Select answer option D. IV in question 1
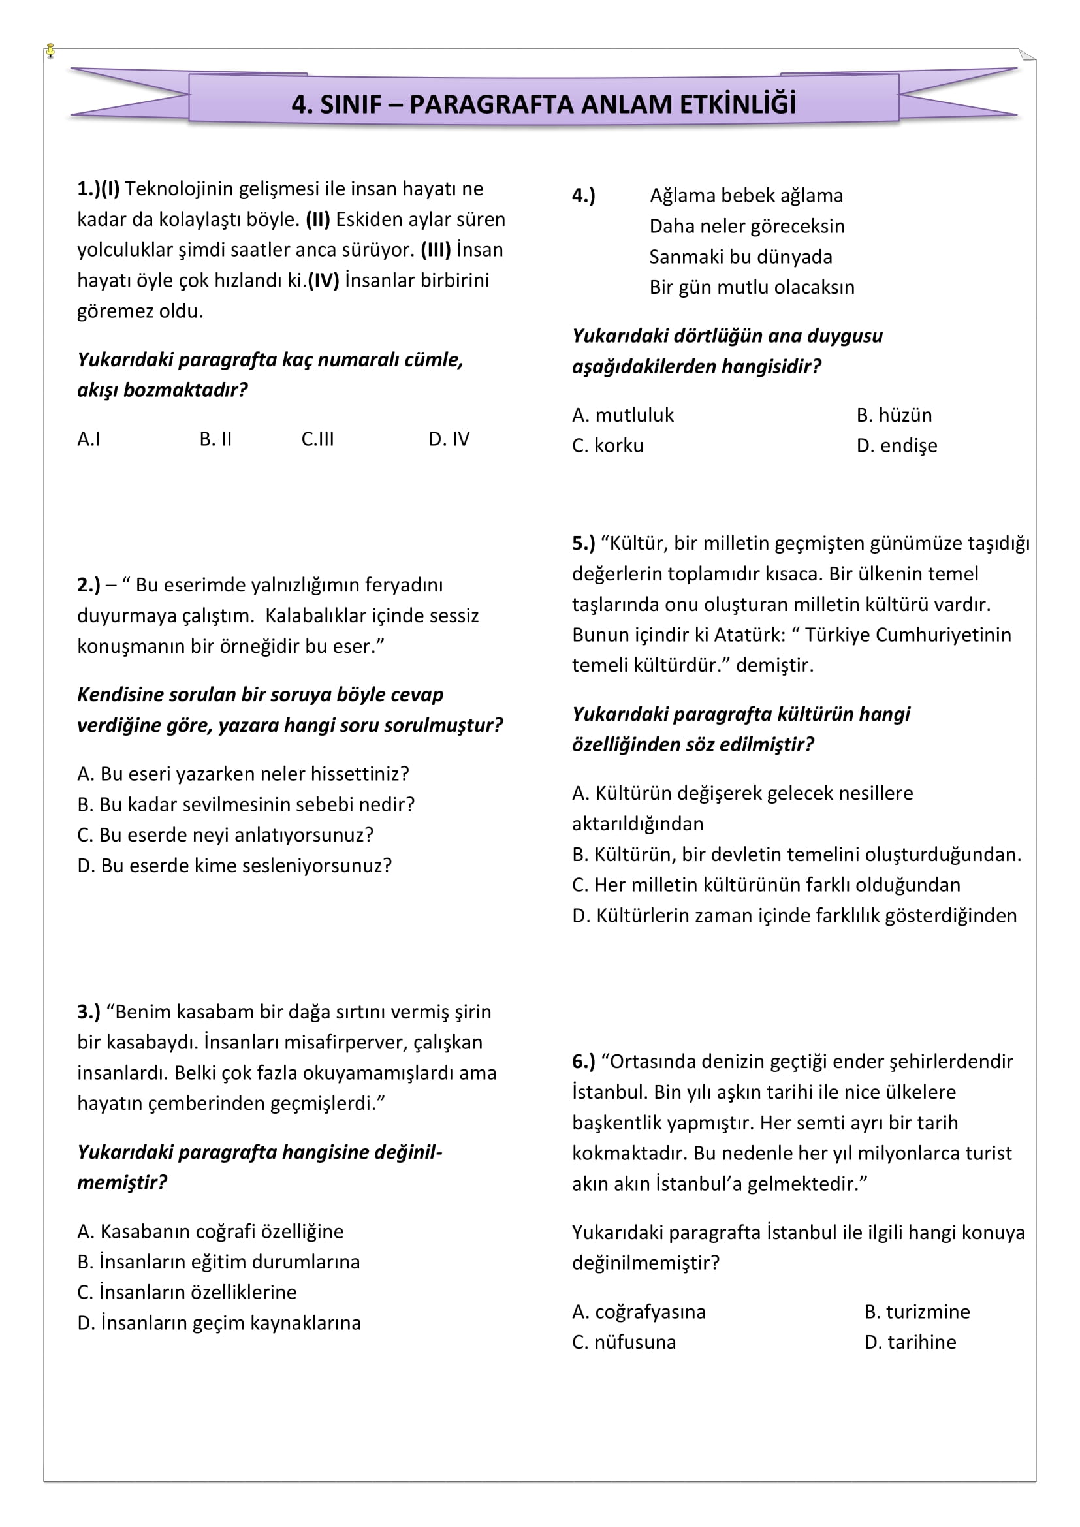point(449,439)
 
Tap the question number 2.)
point(88,585)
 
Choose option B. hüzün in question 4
point(894,415)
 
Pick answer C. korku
point(607,446)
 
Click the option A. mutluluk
point(622,415)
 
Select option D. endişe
point(897,446)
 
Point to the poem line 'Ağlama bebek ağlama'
point(746,196)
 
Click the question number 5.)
point(583,543)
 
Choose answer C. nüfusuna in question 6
point(623,1342)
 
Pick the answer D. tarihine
point(910,1342)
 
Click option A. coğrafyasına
point(639,1312)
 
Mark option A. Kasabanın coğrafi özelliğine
point(210,1231)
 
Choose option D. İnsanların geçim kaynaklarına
point(219,1323)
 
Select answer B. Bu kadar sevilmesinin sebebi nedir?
point(246,805)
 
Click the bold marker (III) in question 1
point(436,250)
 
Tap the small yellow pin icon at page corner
point(50,51)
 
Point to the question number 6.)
point(583,1062)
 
